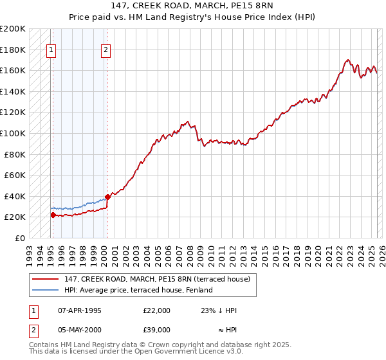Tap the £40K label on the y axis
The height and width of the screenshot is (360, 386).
point(15,196)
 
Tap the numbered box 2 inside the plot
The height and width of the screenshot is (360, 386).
point(106,50)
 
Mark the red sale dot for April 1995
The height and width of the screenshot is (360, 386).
point(53,215)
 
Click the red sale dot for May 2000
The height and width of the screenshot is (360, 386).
point(107,197)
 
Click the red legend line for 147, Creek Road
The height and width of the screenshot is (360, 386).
point(45,279)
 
